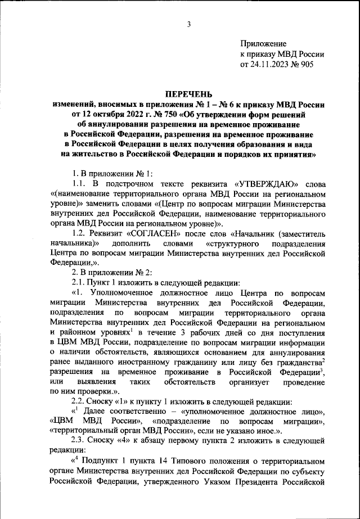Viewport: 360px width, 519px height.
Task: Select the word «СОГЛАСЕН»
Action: click(x=141, y=232)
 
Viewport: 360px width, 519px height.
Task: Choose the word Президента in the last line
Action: click(x=263, y=482)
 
